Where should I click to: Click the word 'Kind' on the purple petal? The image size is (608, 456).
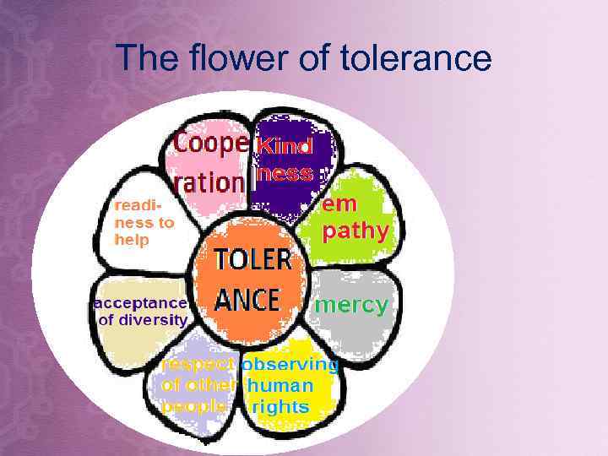click(x=285, y=146)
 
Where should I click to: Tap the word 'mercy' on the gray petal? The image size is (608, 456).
click(x=351, y=305)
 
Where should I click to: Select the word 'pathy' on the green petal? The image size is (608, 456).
click(x=356, y=231)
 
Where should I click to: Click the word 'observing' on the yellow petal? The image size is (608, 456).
click(x=290, y=365)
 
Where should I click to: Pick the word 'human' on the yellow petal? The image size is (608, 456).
click(x=281, y=386)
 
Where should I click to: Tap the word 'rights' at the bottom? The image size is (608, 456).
click(x=281, y=407)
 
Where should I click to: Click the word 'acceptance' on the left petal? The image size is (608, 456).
click(x=140, y=302)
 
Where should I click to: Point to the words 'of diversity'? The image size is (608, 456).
click(x=143, y=320)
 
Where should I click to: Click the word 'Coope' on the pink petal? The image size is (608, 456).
click(x=211, y=145)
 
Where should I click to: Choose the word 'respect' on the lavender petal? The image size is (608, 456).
click(x=198, y=365)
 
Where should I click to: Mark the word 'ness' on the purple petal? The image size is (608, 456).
click(x=288, y=176)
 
